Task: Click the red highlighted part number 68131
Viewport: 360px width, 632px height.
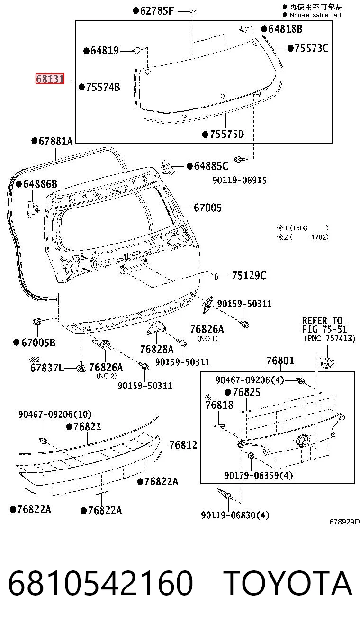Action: point(50,79)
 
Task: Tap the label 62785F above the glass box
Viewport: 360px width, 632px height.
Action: point(157,11)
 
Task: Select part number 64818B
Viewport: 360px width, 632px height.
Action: point(285,29)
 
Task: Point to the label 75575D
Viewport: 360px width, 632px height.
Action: point(227,134)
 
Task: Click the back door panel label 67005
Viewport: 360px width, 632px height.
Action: point(207,208)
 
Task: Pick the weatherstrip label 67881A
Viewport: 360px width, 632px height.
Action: point(55,141)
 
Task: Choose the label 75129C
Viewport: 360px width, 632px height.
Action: point(249,275)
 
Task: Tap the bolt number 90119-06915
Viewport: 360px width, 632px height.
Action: point(240,180)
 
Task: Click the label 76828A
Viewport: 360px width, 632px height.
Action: point(157,349)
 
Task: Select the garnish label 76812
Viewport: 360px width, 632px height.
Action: point(183,445)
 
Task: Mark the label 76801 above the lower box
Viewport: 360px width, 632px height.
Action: point(280,361)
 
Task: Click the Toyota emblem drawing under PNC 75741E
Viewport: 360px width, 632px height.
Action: point(328,363)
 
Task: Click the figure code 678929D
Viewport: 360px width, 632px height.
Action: point(344,522)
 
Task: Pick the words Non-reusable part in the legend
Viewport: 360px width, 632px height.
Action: point(315,15)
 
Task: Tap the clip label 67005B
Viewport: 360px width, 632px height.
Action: point(38,343)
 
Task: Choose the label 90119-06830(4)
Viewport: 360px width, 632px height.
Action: point(235,515)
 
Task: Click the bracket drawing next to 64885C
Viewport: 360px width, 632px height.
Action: point(167,167)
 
